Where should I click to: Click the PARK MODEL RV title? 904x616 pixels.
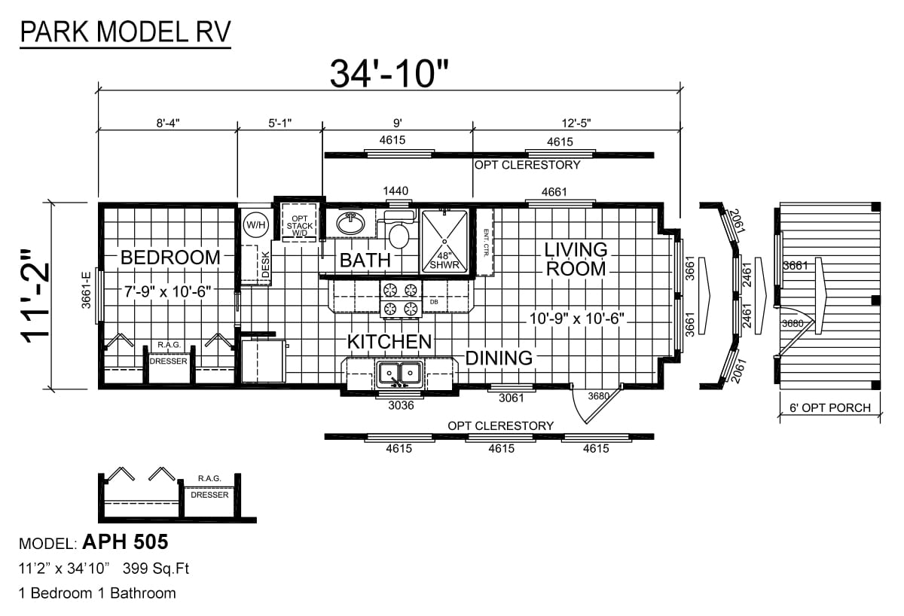(125, 32)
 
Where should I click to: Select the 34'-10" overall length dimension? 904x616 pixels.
(389, 74)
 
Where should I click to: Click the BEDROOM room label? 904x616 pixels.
(170, 258)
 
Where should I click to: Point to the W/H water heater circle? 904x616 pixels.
(256, 224)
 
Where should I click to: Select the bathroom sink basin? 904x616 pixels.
(350, 223)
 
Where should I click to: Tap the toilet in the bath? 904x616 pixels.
(399, 230)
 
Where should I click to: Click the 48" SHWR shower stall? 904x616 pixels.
(444, 241)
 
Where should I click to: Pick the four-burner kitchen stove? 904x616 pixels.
(400, 299)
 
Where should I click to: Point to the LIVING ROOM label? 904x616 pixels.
(576, 259)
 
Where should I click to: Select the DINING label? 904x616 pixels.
(499, 358)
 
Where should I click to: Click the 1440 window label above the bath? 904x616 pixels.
(395, 191)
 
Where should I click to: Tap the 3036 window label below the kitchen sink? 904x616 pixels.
(401, 405)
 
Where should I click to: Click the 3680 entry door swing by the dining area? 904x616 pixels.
(597, 404)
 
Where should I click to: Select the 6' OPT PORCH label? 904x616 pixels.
(829, 408)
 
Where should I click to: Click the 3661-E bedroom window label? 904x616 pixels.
(87, 290)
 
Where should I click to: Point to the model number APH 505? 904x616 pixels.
(125, 541)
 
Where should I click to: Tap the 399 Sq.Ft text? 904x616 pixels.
(156, 569)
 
